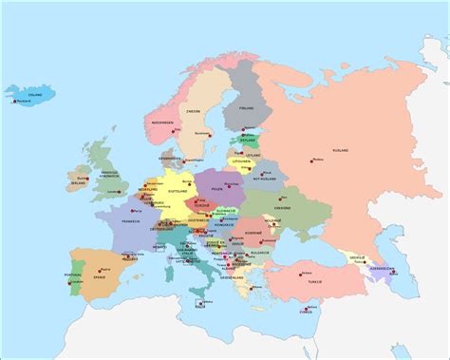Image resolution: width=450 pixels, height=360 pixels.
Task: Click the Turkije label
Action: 314,281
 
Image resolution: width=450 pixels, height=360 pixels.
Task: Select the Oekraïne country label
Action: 282,208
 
